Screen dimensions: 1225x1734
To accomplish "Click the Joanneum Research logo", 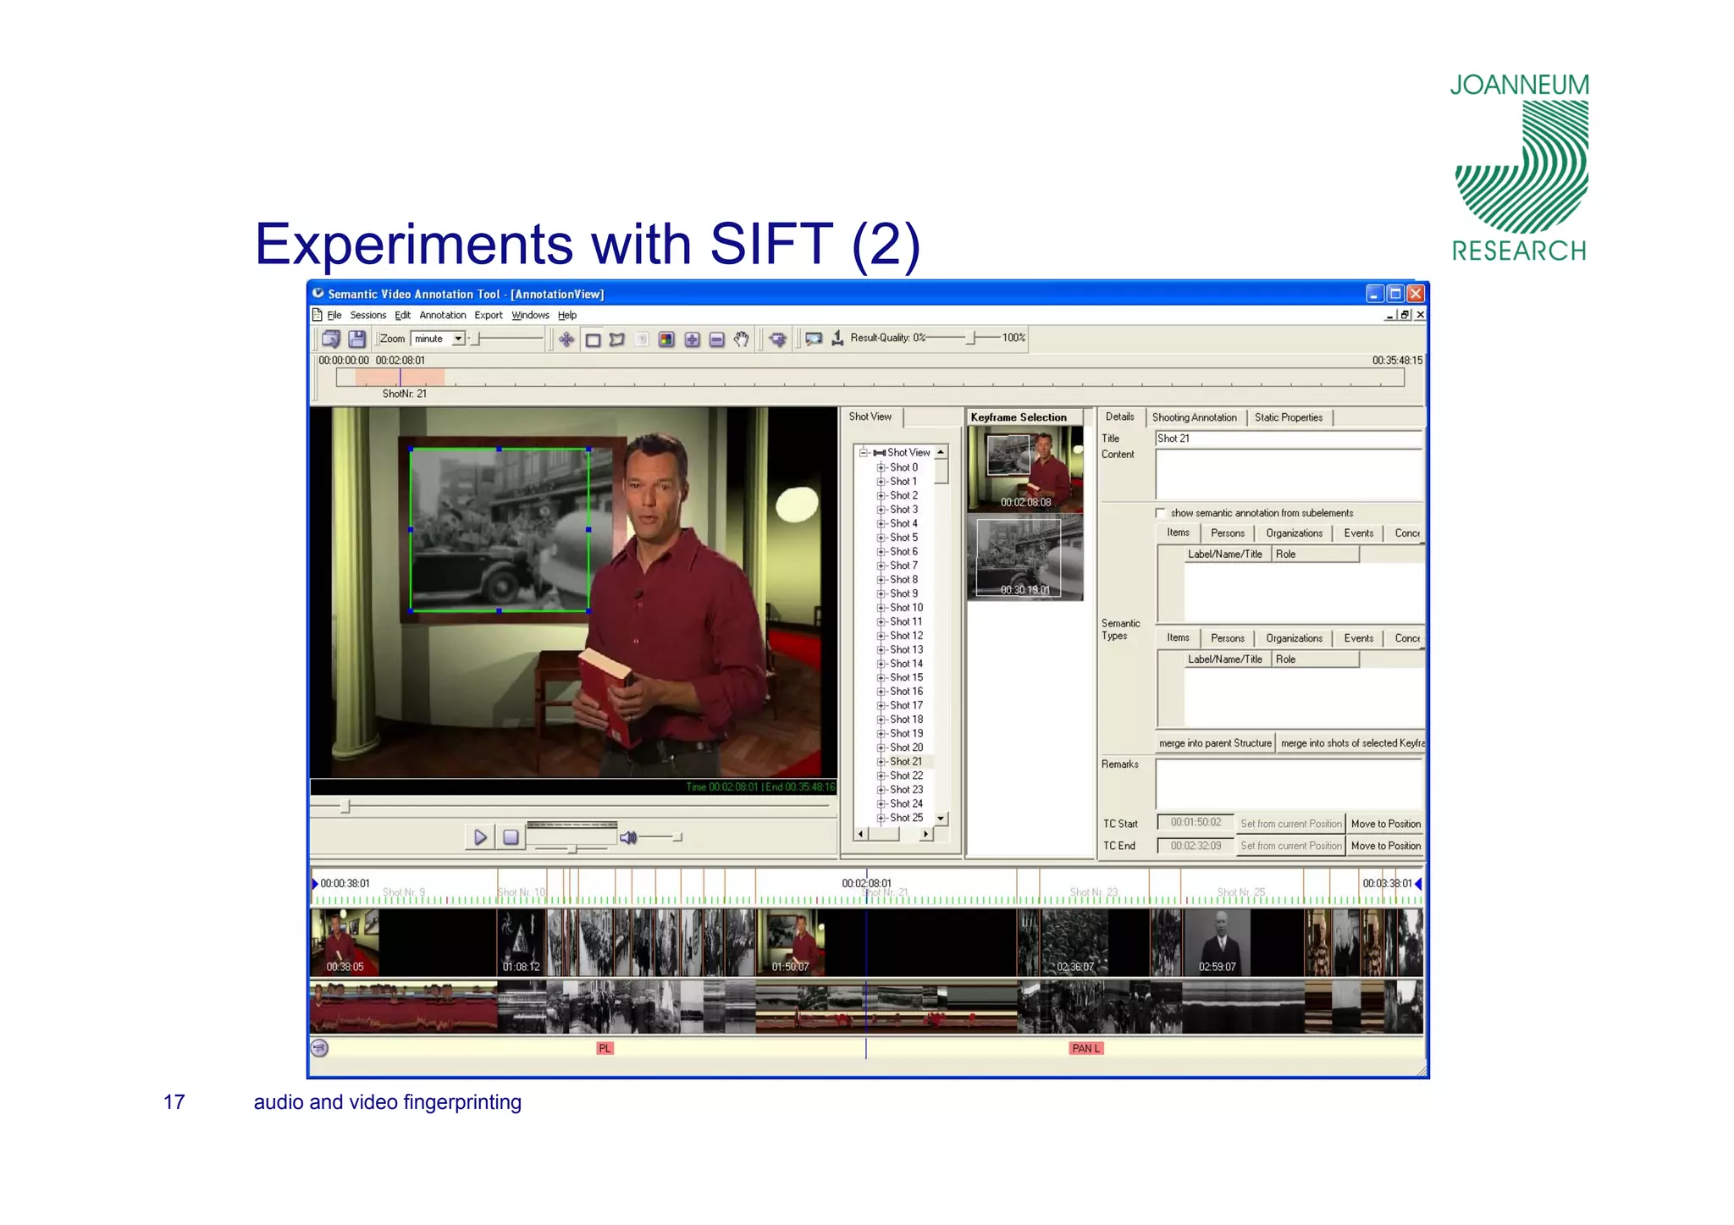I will click(x=1520, y=168).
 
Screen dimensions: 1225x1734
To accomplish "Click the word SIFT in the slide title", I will click(x=770, y=245).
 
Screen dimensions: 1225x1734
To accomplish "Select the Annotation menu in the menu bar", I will click(x=442, y=315).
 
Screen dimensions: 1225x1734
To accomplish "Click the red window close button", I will click(x=1416, y=294).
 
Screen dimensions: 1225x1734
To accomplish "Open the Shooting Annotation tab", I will click(x=1194, y=417).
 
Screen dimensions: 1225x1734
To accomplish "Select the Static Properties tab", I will click(x=1288, y=417).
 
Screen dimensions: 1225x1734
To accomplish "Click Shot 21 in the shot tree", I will click(x=905, y=761).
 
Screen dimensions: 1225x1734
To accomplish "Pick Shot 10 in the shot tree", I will click(x=906, y=608).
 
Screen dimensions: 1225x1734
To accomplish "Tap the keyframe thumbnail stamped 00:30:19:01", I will click(x=1024, y=557).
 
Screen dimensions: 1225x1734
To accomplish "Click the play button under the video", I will click(x=480, y=837).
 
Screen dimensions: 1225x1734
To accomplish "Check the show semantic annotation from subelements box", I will click(x=1161, y=513).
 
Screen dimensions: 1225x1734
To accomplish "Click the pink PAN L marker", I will click(x=1085, y=1048).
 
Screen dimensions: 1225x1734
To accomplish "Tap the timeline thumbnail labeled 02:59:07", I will click(x=1217, y=942).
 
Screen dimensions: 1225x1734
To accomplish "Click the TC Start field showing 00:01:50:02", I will click(x=1196, y=823).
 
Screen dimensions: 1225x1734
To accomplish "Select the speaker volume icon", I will click(x=628, y=837).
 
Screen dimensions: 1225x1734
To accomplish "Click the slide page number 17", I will click(x=174, y=1102).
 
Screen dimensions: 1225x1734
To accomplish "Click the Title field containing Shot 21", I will click(x=1287, y=439).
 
